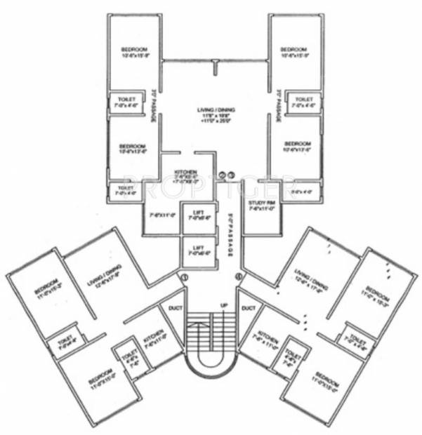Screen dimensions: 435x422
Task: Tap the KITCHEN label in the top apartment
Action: (181, 173)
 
